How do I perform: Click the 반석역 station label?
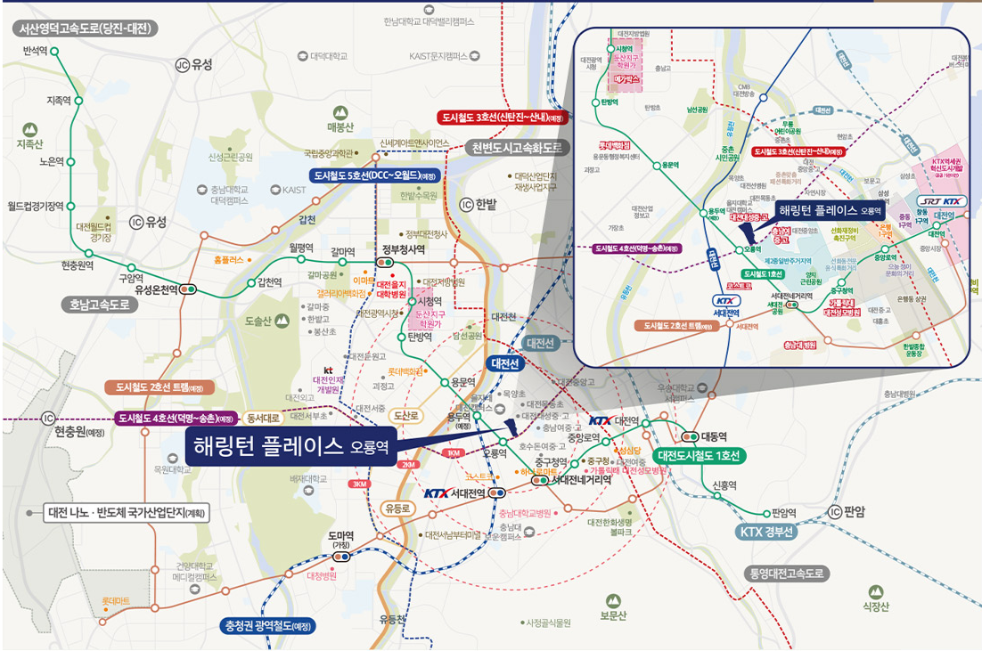click(x=35, y=52)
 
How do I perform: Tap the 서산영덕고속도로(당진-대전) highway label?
click(x=86, y=28)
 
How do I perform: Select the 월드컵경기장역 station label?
click(x=35, y=206)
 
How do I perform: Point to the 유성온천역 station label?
click(x=155, y=289)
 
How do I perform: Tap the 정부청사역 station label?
click(x=403, y=249)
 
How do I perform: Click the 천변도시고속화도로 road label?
click(x=518, y=147)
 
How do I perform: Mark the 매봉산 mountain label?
click(x=340, y=127)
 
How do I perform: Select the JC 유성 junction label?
click(x=194, y=64)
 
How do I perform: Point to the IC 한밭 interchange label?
click(x=479, y=204)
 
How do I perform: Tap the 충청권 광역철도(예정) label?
click(x=266, y=626)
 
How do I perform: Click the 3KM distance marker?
click(x=359, y=484)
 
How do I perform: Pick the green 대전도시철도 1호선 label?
click(x=700, y=455)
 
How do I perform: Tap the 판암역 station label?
click(x=783, y=512)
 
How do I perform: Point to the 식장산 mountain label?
click(x=876, y=607)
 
